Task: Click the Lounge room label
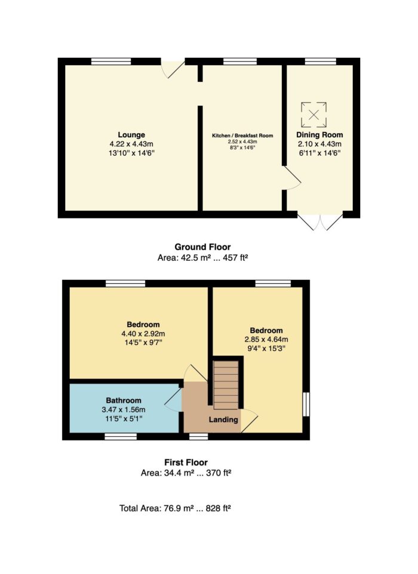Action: coord(131,135)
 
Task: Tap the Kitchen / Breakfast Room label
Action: coord(242,135)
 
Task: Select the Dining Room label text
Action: coord(319,135)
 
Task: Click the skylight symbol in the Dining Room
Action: coord(314,115)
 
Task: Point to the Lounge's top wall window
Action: coord(111,61)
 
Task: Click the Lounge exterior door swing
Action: coord(173,69)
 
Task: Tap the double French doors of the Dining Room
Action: coord(320,221)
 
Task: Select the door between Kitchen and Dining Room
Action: coord(292,178)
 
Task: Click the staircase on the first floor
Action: coord(226,385)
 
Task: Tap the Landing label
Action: coord(223,419)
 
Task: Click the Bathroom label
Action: coord(124,400)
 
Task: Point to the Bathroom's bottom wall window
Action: coord(121,436)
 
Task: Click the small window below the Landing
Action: coord(199,436)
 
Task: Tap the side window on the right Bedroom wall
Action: coord(306,404)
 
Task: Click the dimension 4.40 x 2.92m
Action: coord(143,334)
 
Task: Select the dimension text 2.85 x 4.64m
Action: coord(266,340)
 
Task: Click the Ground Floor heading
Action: coord(202,247)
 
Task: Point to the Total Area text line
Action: coord(175,508)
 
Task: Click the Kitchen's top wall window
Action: coord(240,61)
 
